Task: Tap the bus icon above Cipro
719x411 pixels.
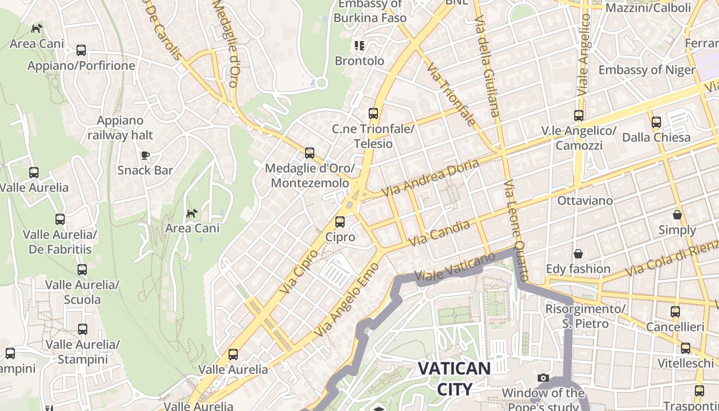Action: [x=339, y=222]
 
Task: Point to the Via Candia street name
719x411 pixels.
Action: [x=440, y=233]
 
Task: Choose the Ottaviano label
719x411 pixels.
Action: [x=585, y=200]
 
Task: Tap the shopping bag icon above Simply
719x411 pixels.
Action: [x=677, y=215]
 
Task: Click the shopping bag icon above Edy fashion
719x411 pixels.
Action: [x=578, y=254]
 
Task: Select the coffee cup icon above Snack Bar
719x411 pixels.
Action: [x=145, y=155]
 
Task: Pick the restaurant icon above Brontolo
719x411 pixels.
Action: [x=359, y=46]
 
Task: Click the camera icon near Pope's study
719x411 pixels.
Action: [x=543, y=378]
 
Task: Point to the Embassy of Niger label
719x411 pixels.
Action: [x=647, y=70]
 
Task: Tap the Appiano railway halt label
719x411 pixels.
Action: [x=120, y=128]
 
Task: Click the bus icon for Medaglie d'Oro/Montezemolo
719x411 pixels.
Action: [x=309, y=153]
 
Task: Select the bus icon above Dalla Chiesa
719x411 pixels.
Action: [x=656, y=122]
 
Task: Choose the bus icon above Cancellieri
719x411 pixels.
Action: [x=675, y=312]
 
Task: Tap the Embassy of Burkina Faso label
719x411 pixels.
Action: [x=370, y=11]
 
